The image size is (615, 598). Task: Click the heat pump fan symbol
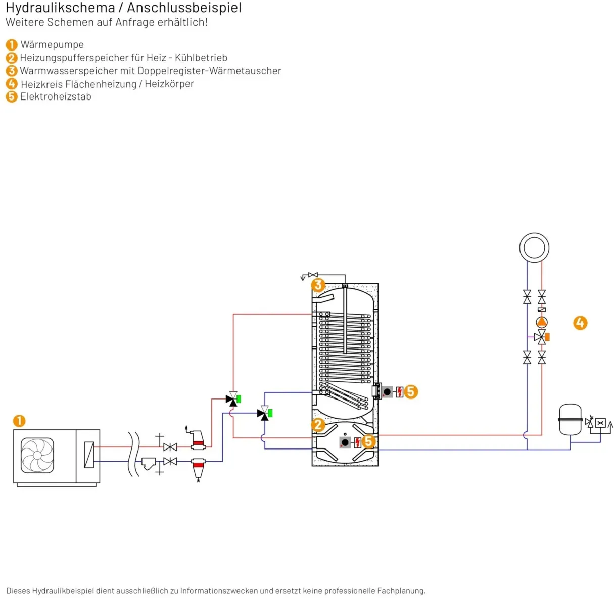click(37, 455)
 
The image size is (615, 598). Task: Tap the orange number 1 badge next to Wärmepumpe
click(12, 45)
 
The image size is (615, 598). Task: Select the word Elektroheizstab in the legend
click(56, 96)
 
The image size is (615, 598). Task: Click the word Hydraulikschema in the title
click(60, 8)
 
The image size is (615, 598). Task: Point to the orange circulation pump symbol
click(541, 322)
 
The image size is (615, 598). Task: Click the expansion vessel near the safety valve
click(570, 420)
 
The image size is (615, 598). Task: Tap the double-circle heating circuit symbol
click(534, 247)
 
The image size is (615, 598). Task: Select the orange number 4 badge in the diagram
click(580, 323)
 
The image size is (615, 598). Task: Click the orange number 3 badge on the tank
click(318, 285)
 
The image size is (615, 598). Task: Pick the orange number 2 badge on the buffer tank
click(318, 425)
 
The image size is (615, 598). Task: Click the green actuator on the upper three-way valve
click(239, 399)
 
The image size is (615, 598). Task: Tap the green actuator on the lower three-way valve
click(270, 413)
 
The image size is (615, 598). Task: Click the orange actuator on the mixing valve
click(547, 337)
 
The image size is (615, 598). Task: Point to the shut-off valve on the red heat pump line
click(170, 447)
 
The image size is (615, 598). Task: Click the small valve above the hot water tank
click(313, 275)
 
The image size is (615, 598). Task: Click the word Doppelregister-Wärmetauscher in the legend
click(210, 71)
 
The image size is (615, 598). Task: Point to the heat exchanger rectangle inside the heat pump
click(89, 455)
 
